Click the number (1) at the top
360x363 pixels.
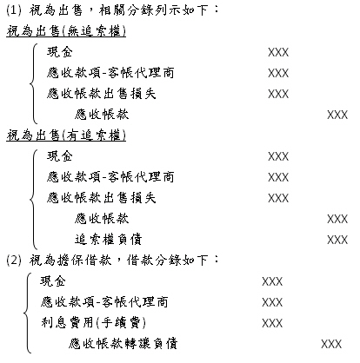tap(14, 10)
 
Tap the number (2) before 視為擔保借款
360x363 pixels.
tap(14, 261)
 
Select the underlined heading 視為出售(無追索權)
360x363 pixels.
tap(66, 31)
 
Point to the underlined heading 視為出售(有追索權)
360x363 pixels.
tap(66, 135)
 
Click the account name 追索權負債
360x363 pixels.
tap(108, 240)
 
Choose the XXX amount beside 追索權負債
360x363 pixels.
tap(337, 240)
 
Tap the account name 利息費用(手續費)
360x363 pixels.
tap(93, 322)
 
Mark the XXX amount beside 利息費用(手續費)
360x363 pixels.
tap(272, 323)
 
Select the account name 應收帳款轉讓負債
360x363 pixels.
tap(123, 343)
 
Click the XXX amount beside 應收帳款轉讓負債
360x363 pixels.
tap(331, 344)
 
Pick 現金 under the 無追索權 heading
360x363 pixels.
tap(60, 52)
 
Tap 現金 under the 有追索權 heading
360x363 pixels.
tap(60, 156)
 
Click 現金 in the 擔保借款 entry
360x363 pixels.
tap(53, 281)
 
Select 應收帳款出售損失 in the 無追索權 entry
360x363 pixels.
tap(102, 94)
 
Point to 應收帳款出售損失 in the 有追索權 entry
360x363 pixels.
tap(102, 198)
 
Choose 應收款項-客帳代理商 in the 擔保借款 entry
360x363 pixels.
tap(104, 302)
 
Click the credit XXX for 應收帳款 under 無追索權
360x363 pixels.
tap(337, 115)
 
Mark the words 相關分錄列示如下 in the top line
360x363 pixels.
tap(158, 10)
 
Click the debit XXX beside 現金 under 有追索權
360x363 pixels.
tap(278, 156)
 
